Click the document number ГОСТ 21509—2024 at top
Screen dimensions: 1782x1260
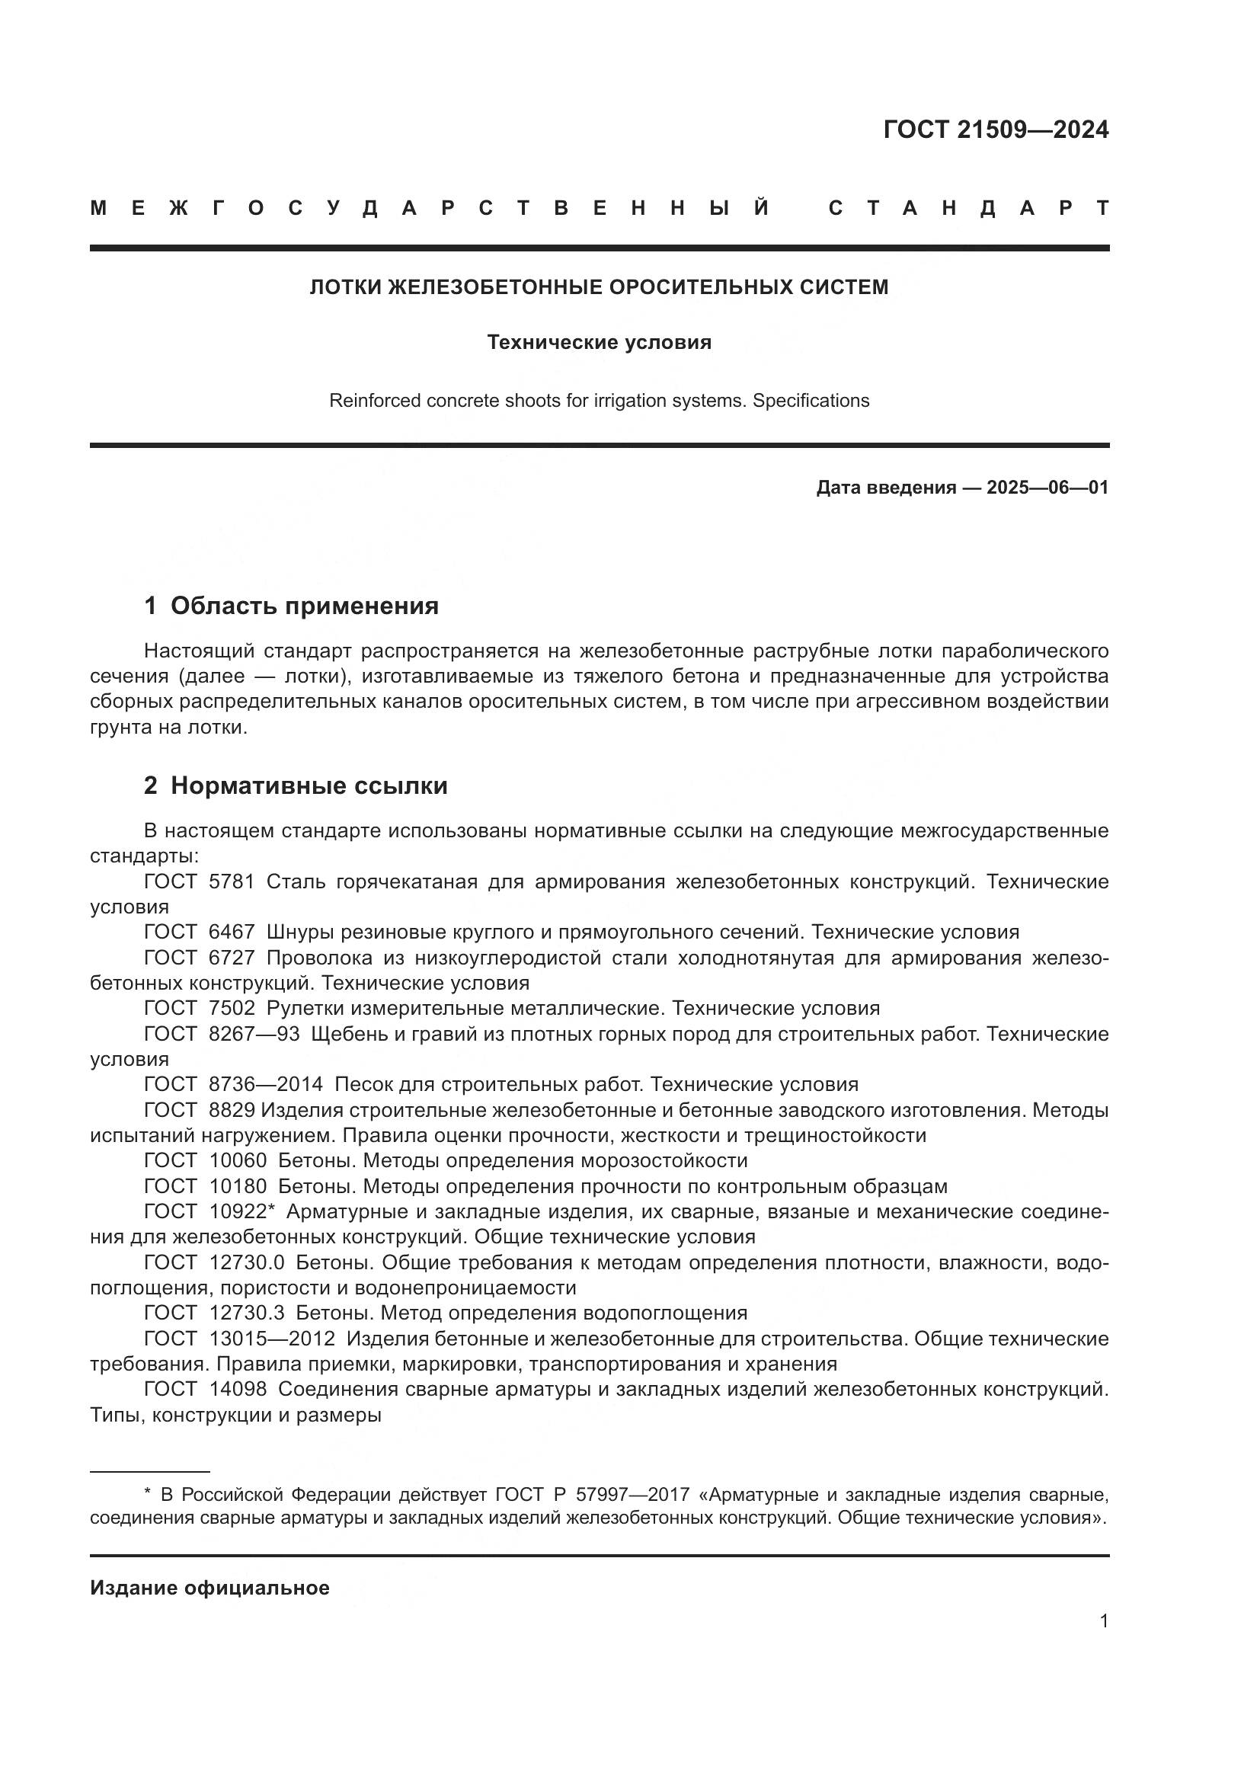click(996, 130)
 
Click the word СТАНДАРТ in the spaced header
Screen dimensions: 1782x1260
click(968, 208)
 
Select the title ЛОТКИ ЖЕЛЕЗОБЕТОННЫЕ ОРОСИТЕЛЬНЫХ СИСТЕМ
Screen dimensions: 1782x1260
click(599, 287)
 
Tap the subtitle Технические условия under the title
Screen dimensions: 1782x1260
click(599, 342)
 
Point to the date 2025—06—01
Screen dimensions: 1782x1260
click(1047, 488)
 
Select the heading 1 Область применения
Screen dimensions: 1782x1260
click(292, 606)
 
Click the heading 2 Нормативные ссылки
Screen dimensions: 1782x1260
click(296, 785)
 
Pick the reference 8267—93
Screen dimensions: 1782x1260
click(254, 1034)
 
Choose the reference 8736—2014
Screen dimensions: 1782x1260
click(265, 1084)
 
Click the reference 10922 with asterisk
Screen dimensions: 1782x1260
click(242, 1211)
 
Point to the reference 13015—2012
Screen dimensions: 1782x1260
click(271, 1339)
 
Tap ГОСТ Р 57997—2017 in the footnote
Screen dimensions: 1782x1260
click(592, 1495)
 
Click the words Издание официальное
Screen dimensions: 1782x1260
click(209, 1588)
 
